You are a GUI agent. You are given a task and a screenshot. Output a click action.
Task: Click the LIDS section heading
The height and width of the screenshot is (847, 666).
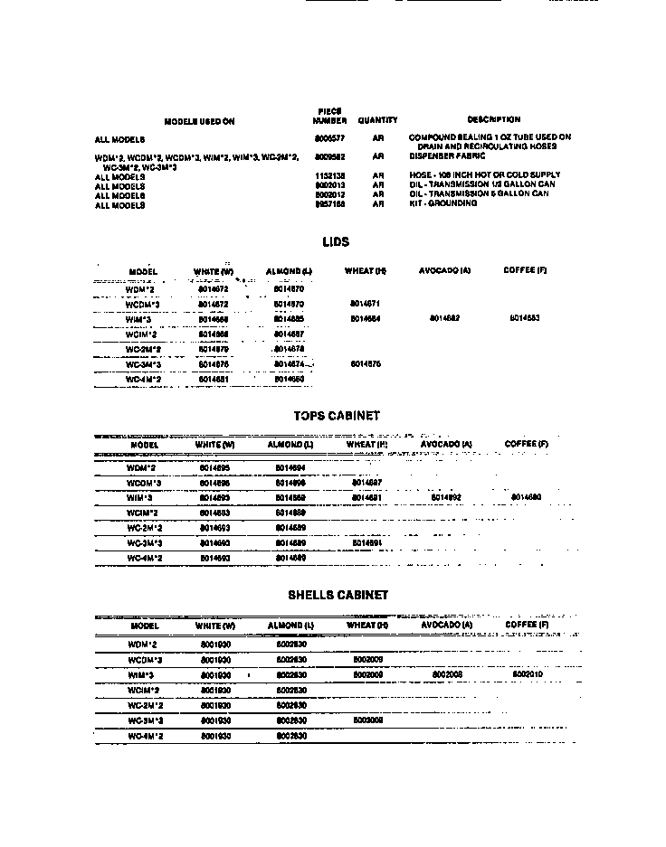pyautogui.click(x=335, y=242)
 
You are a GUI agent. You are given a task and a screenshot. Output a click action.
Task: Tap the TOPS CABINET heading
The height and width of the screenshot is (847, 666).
pyautogui.click(x=337, y=416)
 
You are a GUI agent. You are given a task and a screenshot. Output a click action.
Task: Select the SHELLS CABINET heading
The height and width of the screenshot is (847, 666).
pyautogui.click(x=338, y=595)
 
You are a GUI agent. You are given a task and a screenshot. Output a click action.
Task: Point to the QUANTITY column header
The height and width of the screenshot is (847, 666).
pyautogui.click(x=377, y=120)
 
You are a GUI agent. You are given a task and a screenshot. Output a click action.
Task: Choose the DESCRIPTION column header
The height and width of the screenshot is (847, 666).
pyautogui.click(x=493, y=119)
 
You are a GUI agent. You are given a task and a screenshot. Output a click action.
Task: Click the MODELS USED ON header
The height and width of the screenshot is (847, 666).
pyautogui.click(x=199, y=121)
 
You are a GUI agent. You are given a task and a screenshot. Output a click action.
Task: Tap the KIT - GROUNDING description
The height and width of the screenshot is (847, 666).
pyautogui.click(x=442, y=204)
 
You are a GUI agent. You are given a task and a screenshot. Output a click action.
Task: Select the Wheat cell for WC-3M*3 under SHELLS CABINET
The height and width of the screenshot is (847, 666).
pyautogui.click(x=368, y=720)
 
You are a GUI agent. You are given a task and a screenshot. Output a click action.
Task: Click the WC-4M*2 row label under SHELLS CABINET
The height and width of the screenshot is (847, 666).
pyautogui.click(x=144, y=736)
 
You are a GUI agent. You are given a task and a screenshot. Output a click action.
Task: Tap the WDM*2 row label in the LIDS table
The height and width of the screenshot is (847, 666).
pyautogui.click(x=140, y=289)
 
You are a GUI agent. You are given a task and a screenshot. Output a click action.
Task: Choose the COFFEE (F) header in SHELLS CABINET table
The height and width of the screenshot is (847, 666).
pyautogui.click(x=526, y=625)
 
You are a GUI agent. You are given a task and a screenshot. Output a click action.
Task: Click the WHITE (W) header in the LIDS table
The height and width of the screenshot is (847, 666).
pyautogui.click(x=214, y=271)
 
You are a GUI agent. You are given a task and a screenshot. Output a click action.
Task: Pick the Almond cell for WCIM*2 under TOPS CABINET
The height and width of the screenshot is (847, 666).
pyautogui.click(x=290, y=512)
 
